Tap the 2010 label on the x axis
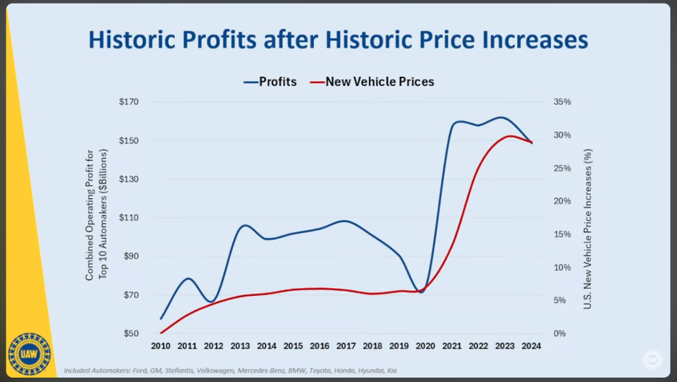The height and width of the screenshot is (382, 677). point(161,346)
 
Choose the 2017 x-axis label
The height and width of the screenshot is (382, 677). point(346,346)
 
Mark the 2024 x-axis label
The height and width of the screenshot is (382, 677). point(531,346)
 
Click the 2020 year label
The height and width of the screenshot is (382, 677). point(425,346)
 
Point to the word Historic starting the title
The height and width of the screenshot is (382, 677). point(136,39)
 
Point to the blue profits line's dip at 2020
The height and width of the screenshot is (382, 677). point(421,292)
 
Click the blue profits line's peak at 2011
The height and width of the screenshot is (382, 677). point(187,279)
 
